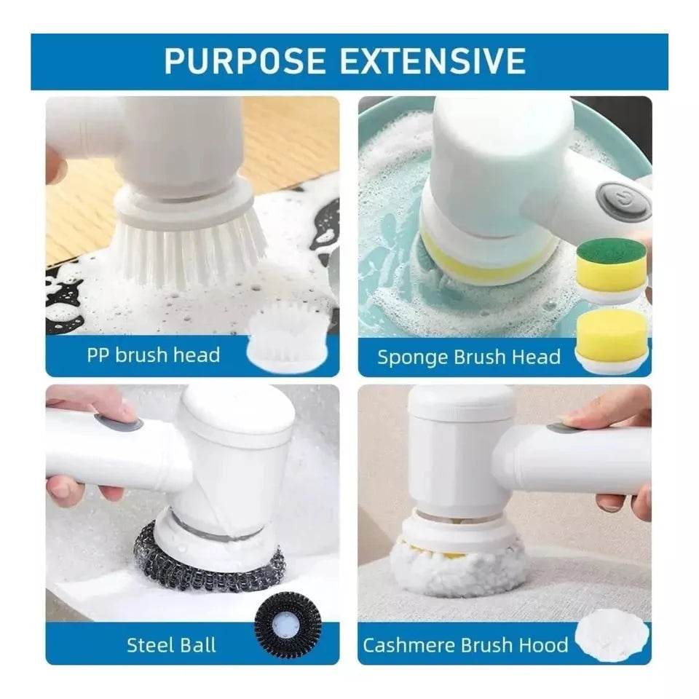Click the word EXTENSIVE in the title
[433, 61]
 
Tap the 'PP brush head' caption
[153, 356]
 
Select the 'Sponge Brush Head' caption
[468, 358]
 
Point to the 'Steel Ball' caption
[171, 644]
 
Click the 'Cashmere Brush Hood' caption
[465, 644]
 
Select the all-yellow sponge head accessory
[612, 336]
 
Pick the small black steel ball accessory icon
[288, 625]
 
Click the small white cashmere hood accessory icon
[611, 637]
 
